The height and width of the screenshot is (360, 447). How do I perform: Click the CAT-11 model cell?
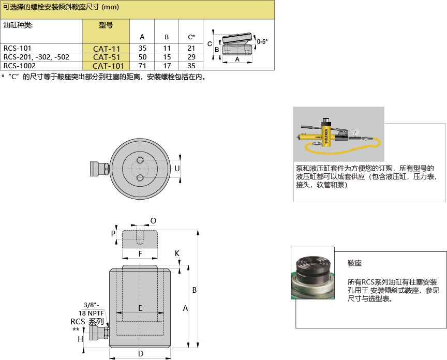point(106,49)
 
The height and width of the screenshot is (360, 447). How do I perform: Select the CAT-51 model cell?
point(106,57)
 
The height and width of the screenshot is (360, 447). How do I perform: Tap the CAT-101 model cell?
point(106,66)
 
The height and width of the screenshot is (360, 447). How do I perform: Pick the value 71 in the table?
point(142,66)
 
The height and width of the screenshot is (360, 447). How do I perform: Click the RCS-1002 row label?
point(20,66)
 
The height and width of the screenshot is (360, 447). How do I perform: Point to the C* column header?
point(191,37)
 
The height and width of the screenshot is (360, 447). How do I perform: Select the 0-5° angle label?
point(262,41)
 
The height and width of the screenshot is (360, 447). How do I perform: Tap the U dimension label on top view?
point(177,169)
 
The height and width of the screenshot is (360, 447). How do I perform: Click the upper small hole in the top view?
point(140,160)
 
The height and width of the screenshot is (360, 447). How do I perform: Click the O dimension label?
point(153,221)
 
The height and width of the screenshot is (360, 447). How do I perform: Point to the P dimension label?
point(113,234)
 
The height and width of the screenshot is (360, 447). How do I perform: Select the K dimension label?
point(177,253)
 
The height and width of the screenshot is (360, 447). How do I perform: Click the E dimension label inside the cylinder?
point(140,308)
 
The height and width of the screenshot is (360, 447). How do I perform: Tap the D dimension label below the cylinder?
point(141,354)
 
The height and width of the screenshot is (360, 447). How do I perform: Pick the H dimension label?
point(80,339)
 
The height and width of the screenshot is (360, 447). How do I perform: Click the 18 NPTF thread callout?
point(91,313)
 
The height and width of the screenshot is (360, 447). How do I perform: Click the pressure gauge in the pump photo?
point(355,133)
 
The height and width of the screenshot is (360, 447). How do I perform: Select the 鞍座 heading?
point(354,263)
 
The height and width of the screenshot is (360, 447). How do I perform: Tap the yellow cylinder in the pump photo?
point(325,134)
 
